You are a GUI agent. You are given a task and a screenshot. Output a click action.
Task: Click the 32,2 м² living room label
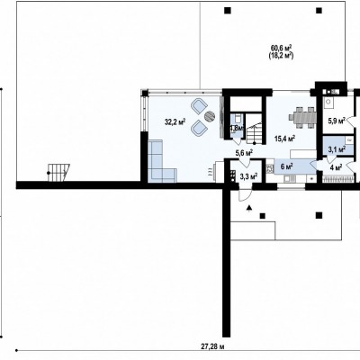[175, 121]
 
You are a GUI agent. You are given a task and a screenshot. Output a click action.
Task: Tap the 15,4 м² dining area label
[285, 139]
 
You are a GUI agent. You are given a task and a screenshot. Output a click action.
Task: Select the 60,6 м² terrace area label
[282, 48]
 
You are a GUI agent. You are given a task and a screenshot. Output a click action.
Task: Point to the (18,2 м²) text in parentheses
[281, 56]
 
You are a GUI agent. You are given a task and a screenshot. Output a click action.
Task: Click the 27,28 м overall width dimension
[212, 346]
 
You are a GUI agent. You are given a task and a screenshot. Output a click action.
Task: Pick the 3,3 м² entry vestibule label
[248, 176]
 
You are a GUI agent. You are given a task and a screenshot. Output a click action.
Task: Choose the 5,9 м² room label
[337, 121]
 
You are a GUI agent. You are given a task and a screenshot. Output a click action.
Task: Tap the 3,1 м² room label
[337, 149]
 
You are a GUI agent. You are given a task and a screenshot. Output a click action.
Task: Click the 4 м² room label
[336, 167]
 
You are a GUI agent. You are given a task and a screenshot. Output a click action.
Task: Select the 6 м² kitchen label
[287, 166]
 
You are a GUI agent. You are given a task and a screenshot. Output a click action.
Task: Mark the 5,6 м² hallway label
[244, 153]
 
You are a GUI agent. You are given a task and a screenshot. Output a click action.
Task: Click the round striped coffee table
[210, 116]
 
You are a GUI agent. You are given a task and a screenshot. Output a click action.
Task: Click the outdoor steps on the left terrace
[58, 173]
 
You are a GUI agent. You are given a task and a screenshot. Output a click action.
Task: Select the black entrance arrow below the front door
[248, 208]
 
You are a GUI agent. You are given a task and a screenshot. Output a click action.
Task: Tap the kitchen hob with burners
[270, 168]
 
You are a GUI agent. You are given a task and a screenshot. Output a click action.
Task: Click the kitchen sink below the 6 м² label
[290, 179]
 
